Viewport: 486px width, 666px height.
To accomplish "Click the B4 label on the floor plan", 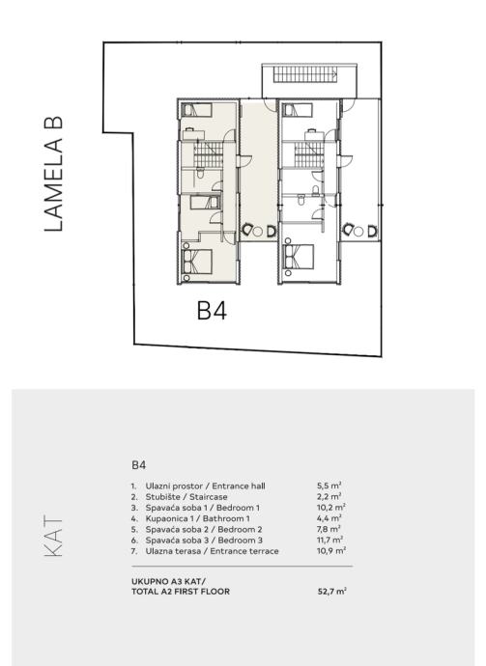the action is tap(212, 310).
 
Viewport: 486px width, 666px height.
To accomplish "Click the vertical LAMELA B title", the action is tap(53, 174).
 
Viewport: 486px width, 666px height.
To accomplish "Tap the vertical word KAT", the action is tap(53, 536).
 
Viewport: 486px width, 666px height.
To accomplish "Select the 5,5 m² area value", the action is tap(329, 486).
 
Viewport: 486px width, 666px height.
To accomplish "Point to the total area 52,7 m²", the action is tap(331, 591).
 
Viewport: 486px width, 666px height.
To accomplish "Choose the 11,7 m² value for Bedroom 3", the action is tap(329, 540).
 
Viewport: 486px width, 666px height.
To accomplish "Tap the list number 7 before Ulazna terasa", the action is tap(134, 551).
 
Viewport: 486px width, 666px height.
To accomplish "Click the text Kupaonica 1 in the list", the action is tap(168, 518).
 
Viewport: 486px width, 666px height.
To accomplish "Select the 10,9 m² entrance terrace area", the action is tap(331, 551).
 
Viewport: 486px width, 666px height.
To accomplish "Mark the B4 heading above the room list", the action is tap(138, 465).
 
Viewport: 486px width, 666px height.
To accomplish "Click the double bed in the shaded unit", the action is tap(196, 262).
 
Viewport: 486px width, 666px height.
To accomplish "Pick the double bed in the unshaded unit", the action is tap(299, 257).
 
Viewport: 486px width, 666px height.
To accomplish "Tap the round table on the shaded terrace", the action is tap(257, 232).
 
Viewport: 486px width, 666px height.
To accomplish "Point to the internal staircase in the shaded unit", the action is tap(209, 154).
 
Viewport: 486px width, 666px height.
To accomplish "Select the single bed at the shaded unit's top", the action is tap(196, 110).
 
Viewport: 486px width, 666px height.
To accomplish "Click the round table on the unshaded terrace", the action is tap(358, 232).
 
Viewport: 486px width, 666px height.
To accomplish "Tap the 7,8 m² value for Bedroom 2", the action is tap(329, 529).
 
